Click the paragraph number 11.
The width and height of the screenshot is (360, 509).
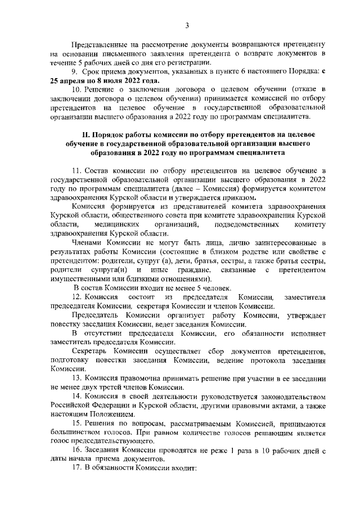pos(76,170)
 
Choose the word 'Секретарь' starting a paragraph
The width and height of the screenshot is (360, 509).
pos(89,350)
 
